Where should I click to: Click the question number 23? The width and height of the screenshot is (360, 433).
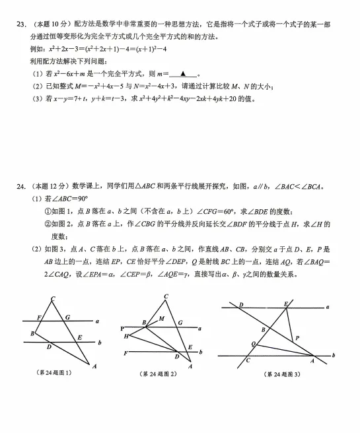coord(20,24)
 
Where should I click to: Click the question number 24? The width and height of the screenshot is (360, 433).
coord(20,187)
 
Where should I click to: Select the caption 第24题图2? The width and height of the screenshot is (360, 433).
coord(159,374)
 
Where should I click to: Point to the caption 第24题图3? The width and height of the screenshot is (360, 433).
coord(282,374)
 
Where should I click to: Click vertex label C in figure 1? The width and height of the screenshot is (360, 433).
coord(53,299)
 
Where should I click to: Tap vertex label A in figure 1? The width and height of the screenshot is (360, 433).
coord(94,366)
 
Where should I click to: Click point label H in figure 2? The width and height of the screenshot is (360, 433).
coord(126,336)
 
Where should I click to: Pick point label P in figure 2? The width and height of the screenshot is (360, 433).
coord(122,328)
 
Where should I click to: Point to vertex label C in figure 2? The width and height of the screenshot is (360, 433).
coord(166,296)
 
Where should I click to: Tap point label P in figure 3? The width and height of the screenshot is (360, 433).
coord(297,337)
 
